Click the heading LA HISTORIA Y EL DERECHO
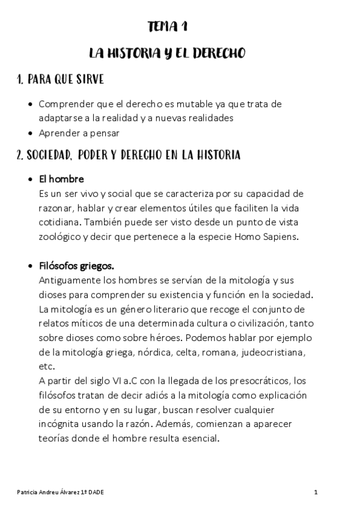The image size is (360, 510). point(166,54)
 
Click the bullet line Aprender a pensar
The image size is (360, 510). point(79,133)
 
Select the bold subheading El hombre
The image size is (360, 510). point(61,179)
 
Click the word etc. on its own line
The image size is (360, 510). point(46,366)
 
